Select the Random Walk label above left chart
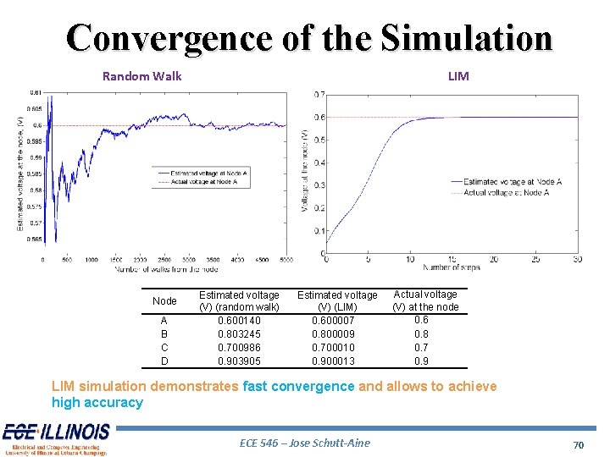tap(141, 76)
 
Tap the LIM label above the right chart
tap(457, 76)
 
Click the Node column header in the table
tap(164, 301)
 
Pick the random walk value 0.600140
tap(239, 321)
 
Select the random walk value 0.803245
tap(239, 334)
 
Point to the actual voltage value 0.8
tap(421, 334)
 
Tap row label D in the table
tap(164, 361)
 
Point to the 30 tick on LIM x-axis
tap(577, 259)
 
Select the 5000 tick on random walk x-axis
tap(286, 261)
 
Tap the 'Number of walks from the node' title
tap(165, 269)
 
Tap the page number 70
tap(579, 443)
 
